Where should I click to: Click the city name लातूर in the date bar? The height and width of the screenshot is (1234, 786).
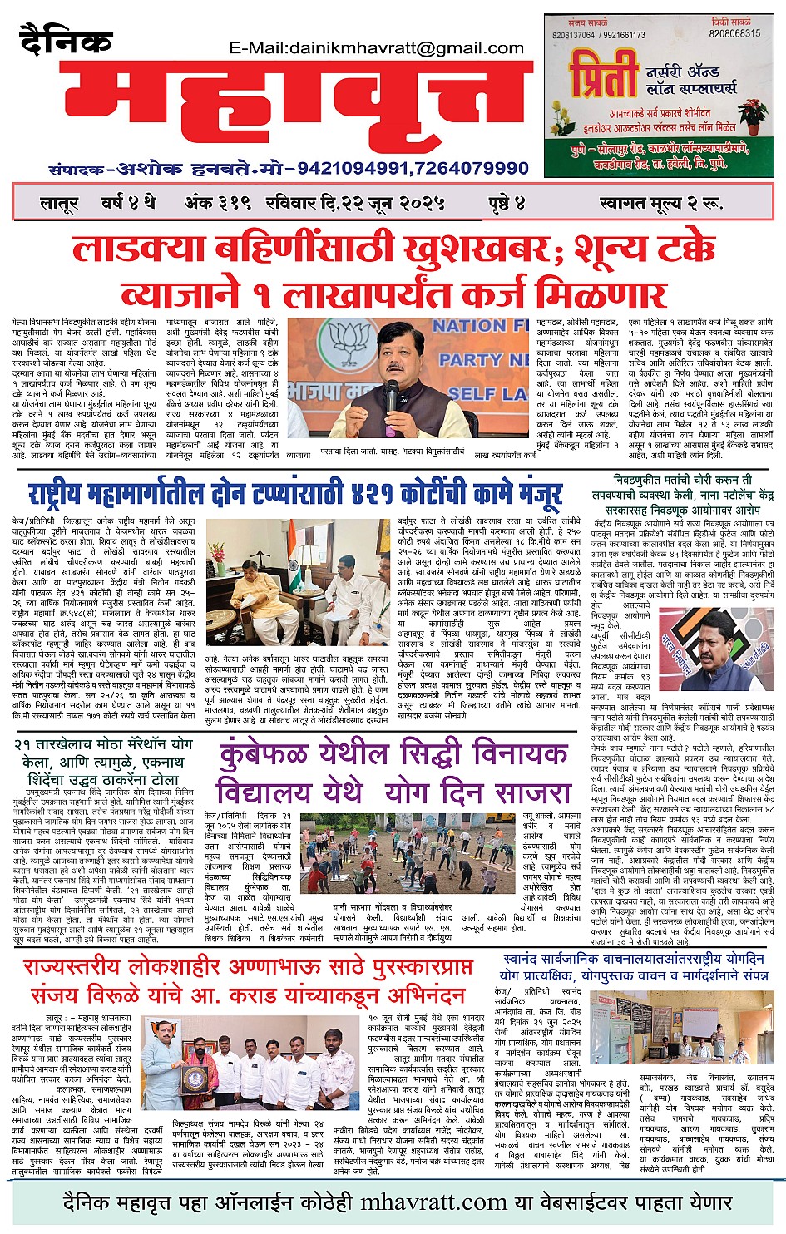[59, 203]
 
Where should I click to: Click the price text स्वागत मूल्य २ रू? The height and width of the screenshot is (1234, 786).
[660, 203]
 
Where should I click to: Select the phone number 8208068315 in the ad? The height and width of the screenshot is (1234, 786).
[734, 34]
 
